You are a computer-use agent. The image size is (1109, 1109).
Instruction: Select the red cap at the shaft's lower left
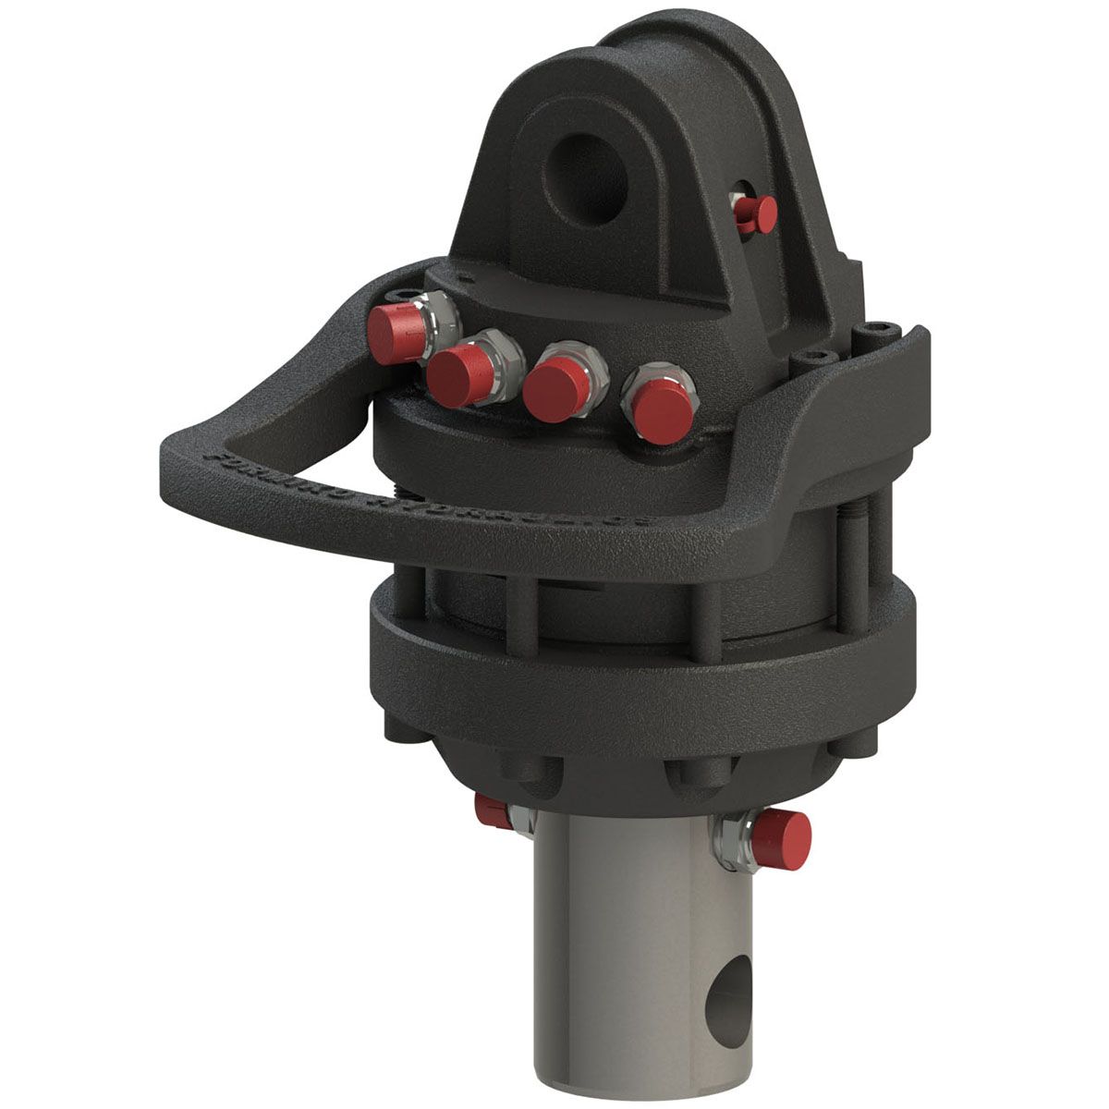tap(489, 810)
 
